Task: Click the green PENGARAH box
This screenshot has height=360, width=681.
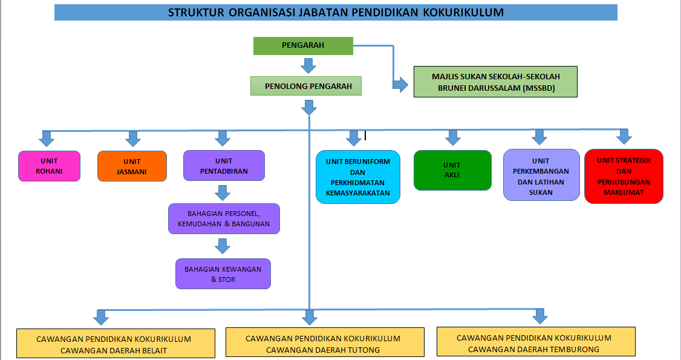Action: pos(303,45)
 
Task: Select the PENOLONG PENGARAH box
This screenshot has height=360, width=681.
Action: pos(306,86)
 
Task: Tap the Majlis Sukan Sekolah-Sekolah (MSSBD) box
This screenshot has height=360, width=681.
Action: pos(495,82)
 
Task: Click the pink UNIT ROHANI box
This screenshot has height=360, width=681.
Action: pos(49,166)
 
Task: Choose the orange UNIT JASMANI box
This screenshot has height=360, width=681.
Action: pos(132,166)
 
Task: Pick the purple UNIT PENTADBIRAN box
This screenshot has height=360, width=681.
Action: pos(224,165)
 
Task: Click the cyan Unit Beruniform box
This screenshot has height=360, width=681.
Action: pos(358,177)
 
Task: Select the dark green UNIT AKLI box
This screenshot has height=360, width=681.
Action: pos(452,170)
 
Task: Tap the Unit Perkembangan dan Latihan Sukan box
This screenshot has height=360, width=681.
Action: pos(541,175)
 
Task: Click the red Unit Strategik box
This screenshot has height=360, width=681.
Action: pos(624,176)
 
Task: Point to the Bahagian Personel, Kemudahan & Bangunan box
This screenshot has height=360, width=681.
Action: pos(224,219)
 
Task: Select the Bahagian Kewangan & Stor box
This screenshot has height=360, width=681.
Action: pos(223,274)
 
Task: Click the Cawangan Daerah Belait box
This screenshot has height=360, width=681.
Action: pos(116,344)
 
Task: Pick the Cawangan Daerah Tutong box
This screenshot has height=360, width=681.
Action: pos(325,342)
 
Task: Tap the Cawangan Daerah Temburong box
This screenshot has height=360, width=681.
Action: pos(536,342)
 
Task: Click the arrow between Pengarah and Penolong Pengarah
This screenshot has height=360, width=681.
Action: pos(308,65)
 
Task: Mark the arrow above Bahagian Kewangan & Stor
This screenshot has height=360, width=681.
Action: pos(223,246)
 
